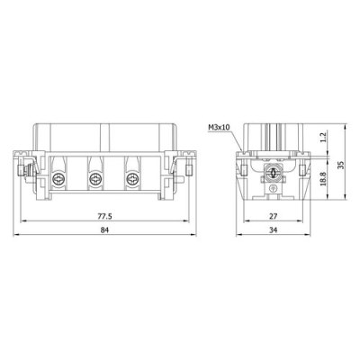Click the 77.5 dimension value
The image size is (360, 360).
tap(107, 216)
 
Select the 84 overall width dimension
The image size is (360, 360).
tap(107, 232)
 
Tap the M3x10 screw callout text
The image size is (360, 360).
tap(219, 127)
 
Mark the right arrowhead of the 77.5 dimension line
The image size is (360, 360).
tap(188, 222)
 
